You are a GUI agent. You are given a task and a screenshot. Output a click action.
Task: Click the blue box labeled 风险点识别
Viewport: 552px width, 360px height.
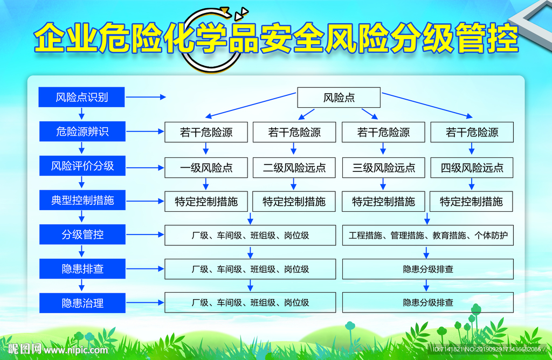(81, 97)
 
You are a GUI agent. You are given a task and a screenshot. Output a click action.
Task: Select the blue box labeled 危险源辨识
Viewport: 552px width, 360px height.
(82, 131)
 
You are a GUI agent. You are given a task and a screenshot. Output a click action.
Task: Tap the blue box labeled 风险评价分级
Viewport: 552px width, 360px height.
(82, 165)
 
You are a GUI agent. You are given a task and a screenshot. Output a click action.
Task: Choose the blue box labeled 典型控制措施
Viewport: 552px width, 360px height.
(82, 200)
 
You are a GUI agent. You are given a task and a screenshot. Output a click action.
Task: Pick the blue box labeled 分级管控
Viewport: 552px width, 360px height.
(82, 234)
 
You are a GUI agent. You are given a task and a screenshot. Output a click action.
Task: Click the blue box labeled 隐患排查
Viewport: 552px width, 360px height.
(82, 268)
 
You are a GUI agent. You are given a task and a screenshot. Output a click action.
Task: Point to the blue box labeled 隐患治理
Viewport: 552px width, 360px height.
(82, 303)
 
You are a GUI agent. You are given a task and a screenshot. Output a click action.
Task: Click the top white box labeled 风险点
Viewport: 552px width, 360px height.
(339, 98)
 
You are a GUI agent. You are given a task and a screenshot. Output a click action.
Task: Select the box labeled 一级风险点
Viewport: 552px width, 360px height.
(206, 168)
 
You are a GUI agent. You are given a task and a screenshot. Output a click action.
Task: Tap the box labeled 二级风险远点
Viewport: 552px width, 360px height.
(294, 168)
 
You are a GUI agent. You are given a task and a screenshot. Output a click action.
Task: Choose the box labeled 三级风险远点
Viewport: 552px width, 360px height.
(384, 168)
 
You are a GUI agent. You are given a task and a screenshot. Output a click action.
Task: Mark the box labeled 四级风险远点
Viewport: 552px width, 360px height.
(472, 168)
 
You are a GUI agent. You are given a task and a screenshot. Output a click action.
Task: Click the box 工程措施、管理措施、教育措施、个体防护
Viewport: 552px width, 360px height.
(427, 235)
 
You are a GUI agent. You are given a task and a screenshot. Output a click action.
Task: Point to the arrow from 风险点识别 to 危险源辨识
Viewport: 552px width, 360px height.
(82, 114)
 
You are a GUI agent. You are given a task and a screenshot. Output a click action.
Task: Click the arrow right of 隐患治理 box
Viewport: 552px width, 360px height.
(145, 302)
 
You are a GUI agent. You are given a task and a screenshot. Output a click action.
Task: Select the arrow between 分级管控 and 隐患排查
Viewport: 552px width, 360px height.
(82, 251)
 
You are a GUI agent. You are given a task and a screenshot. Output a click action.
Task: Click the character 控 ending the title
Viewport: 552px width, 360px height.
(502, 38)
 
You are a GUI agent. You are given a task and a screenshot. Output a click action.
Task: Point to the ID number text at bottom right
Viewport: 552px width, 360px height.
(487, 349)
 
